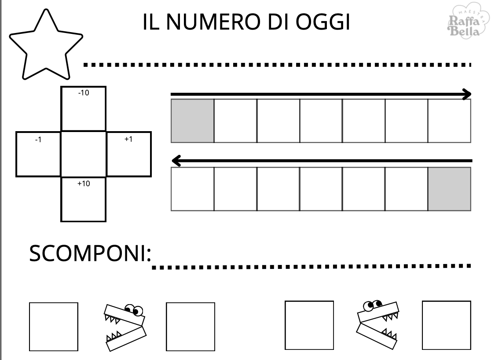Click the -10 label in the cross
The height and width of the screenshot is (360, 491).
point(83,93)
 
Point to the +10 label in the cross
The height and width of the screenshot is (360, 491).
point(83,184)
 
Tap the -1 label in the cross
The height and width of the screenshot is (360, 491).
point(38,140)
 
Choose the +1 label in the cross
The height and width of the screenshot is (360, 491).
point(128,139)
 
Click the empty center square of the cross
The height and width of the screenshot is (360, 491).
point(83,154)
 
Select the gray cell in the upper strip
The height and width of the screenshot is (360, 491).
point(192,121)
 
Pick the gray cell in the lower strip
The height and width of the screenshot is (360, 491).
point(449,189)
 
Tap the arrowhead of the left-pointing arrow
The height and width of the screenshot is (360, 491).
point(176,161)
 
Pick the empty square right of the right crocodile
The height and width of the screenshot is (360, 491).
point(446,325)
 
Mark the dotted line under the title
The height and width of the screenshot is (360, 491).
point(277,65)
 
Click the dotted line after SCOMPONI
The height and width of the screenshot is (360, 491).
point(311,266)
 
